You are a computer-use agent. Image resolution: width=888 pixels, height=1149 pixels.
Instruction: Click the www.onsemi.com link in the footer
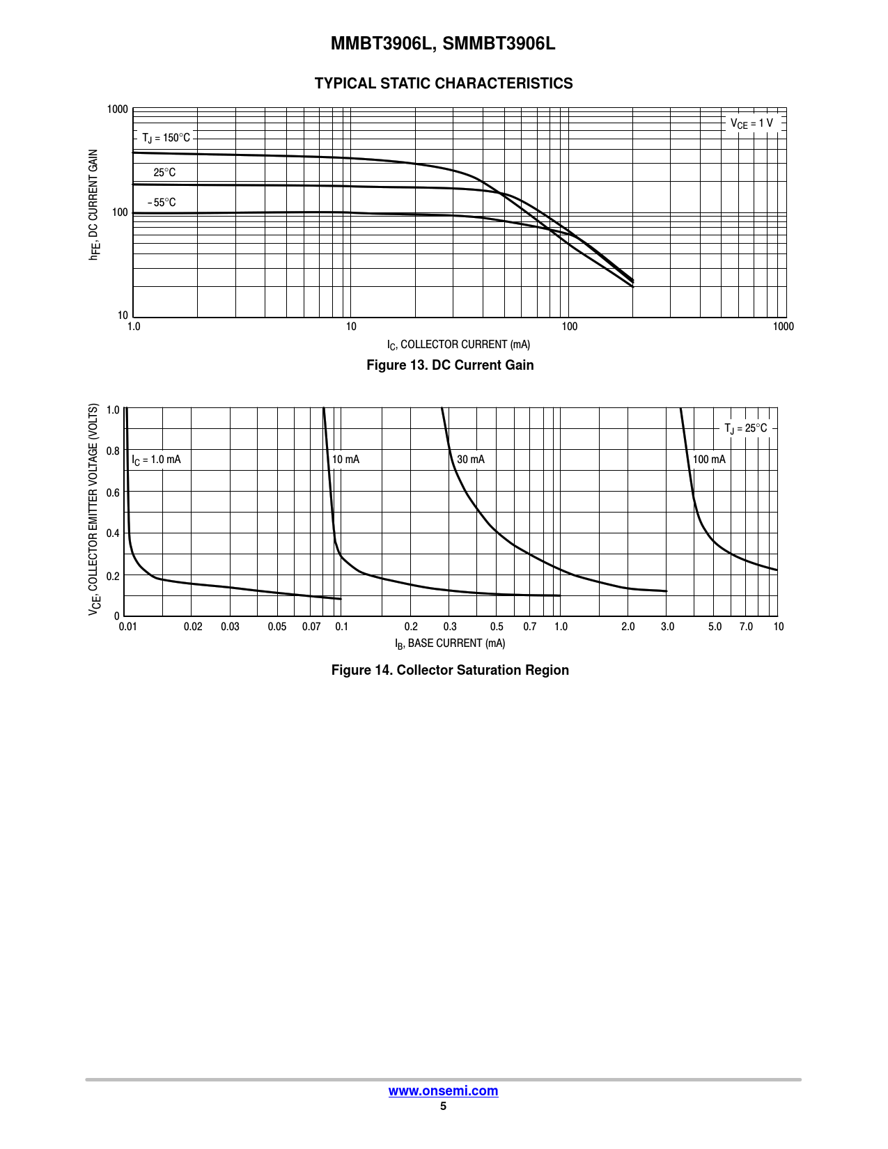(x=443, y=1091)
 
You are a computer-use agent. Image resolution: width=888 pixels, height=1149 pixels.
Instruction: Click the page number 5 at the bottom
(x=443, y=1107)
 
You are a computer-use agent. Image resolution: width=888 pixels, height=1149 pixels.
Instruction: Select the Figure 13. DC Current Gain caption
(x=450, y=365)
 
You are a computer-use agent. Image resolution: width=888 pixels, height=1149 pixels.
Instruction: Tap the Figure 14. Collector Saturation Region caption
(x=450, y=670)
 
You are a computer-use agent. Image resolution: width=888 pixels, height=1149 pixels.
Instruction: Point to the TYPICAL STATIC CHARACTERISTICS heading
(x=444, y=84)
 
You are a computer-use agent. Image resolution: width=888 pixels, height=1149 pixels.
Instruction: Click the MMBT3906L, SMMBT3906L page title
(x=443, y=44)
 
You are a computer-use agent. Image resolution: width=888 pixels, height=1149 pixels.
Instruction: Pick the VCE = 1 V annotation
(x=751, y=123)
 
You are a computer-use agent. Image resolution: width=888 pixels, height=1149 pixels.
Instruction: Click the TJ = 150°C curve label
(x=166, y=138)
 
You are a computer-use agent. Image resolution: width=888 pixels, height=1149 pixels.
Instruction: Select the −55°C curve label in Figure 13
(x=162, y=203)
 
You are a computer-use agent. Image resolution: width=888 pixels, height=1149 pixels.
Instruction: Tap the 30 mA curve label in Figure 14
(x=471, y=460)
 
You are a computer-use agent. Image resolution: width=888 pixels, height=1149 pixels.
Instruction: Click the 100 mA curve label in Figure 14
(x=709, y=460)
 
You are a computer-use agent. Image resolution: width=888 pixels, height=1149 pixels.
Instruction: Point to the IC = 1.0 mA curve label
(x=157, y=460)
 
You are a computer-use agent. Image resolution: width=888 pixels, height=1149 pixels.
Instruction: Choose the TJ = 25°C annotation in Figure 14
(x=745, y=428)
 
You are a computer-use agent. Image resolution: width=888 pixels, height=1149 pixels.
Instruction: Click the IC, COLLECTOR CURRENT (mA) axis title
(x=458, y=345)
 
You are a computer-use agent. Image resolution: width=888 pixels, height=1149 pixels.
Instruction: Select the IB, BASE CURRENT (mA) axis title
(x=450, y=643)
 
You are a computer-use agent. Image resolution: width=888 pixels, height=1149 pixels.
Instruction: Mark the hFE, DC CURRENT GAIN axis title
(x=93, y=205)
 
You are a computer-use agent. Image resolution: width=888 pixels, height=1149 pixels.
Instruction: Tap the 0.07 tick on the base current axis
(x=311, y=627)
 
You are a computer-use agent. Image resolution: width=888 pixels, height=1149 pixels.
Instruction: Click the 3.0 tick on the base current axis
(x=667, y=627)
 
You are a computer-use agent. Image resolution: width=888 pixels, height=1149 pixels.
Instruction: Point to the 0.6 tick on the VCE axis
(x=113, y=492)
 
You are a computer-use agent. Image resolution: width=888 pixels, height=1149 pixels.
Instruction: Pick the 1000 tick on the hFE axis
(x=118, y=109)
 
